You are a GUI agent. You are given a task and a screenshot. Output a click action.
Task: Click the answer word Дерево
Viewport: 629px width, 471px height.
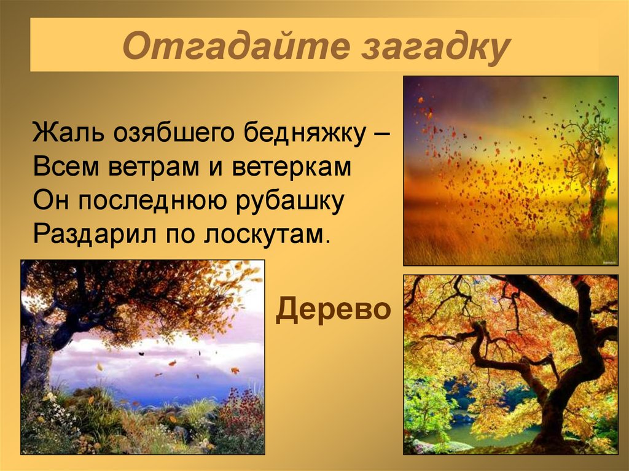[333, 311]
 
